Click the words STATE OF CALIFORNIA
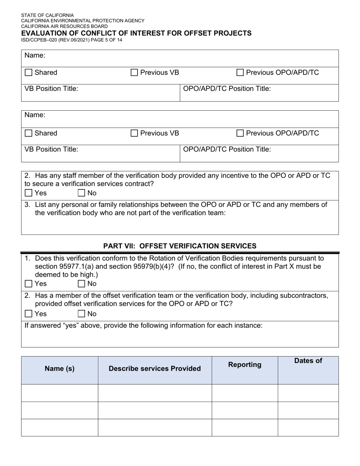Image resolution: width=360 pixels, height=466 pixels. pyautogui.click(x=47, y=16)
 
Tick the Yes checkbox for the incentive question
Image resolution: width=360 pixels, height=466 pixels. pyautogui.click(x=28, y=193)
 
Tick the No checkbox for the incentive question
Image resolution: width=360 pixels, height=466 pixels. pyautogui.click(x=81, y=193)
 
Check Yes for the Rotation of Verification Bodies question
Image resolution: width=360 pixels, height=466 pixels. pyautogui.click(x=28, y=284)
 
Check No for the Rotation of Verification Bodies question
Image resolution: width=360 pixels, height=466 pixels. pyautogui.click(x=81, y=284)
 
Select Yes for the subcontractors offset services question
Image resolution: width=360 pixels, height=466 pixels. pyautogui.click(x=28, y=314)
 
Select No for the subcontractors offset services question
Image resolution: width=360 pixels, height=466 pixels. pyautogui.click(x=81, y=314)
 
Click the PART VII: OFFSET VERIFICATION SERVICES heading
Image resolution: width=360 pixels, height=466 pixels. pyautogui.click(x=180, y=246)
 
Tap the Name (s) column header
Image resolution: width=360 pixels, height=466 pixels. pyautogui.click(x=59, y=369)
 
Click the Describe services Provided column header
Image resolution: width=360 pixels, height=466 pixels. pyautogui.click(x=155, y=369)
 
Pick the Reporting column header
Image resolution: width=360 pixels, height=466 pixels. pyautogui.click(x=244, y=365)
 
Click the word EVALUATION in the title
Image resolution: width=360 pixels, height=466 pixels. pyautogui.click(x=44, y=33)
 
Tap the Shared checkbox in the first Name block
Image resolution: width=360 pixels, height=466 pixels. pyautogui.click(x=28, y=73)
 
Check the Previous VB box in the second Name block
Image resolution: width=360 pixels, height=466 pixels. pyautogui.click(x=134, y=133)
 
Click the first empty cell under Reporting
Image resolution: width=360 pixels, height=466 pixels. pyautogui.click(x=244, y=393)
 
